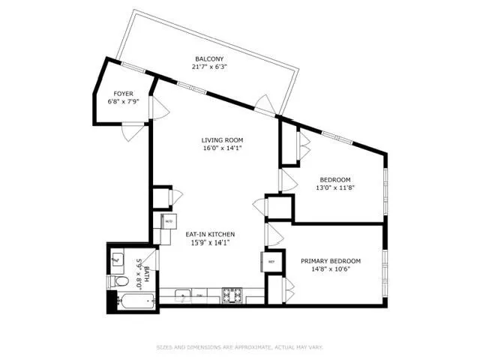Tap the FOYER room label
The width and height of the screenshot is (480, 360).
click(x=124, y=94)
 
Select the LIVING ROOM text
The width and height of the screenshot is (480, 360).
click(x=222, y=139)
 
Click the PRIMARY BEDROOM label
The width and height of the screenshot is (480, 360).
click(x=330, y=261)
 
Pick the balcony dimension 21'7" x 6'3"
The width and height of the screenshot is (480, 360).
click(x=210, y=67)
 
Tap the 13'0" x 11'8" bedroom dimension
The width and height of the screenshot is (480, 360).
click(x=335, y=187)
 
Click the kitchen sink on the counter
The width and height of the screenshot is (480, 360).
click(x=183, y=295)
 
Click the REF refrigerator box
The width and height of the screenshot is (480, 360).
click(x=271, y=261)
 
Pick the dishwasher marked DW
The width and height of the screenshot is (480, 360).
click(x=199, y=295)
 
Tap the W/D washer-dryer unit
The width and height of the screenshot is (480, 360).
click(x=167, y=222)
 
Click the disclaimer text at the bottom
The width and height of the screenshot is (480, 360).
click(x=240, y=346)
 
